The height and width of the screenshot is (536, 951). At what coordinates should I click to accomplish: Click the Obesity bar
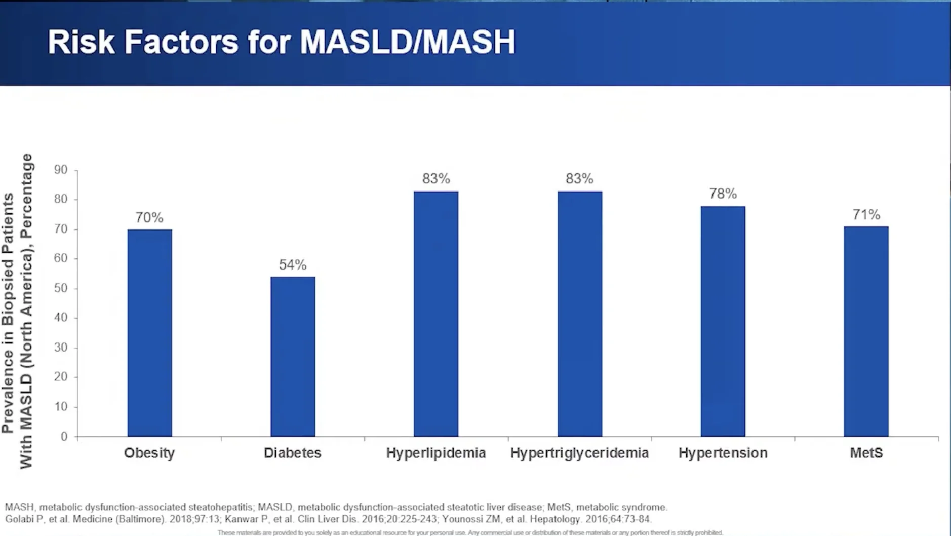click(149, 333)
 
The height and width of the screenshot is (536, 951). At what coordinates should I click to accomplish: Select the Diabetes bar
click(293, 357)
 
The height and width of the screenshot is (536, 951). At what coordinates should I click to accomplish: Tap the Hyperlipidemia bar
click(436, 314)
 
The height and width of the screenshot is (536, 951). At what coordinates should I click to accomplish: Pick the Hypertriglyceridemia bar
click(580, 314)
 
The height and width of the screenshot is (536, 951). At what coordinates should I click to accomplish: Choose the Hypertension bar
click(723, 321)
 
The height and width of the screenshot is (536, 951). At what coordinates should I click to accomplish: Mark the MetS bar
click(866, 331)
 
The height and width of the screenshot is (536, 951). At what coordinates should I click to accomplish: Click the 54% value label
click(293, 264)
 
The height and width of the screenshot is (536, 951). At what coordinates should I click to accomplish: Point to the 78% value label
click(723, 194)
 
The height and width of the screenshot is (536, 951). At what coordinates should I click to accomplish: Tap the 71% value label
click(866, 214)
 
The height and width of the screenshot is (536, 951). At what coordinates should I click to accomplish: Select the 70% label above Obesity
click(149, 217)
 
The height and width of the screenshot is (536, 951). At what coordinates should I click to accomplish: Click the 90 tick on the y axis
click(61, 170)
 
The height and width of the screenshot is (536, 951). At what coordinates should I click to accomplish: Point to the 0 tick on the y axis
click(64, 436)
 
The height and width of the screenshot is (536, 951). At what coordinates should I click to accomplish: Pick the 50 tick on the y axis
click(61, 288)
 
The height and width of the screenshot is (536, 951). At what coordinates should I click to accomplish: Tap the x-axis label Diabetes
click(293, 453)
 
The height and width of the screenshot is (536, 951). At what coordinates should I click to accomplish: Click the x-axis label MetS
click(866, 453)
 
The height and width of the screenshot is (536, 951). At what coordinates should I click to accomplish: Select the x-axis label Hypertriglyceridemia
click(579, 453)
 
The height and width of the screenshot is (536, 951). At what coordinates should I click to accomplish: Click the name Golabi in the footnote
click(19, 519)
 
